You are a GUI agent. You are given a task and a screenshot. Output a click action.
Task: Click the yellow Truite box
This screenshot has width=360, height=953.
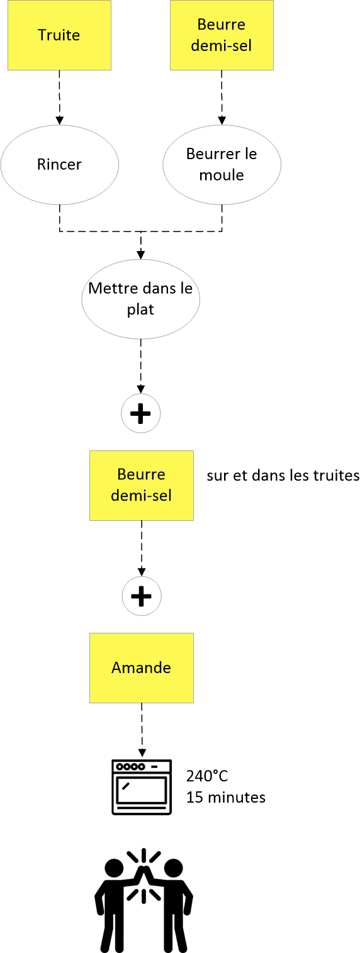pyautogui.click(x=60, y=35)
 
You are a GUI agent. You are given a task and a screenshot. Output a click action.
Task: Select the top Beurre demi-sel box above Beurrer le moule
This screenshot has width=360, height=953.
pyautogui.click(x=222, y=35)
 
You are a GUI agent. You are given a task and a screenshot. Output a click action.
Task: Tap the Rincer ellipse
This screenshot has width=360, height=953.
pyautogui.click(x=60, y=165)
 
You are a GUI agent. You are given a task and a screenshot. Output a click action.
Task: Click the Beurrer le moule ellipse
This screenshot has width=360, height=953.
pyautogui.click(x=222, y=165)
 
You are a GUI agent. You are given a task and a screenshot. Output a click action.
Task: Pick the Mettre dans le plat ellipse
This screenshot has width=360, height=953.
pyautogui.click(x=141, y=299)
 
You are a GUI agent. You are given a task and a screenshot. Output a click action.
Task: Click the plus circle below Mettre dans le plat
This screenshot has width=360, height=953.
pyautogui.click(x=141, y=413)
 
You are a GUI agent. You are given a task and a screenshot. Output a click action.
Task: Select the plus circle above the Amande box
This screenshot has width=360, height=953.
pyautogui.click(x=142, y=596)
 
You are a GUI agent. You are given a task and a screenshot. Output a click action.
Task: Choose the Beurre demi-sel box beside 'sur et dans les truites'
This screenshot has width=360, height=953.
pyautogui.click(x=142, y=486)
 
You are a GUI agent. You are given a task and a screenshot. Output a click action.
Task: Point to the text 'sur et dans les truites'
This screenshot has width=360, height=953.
pyautogui.click(x=283, y=475)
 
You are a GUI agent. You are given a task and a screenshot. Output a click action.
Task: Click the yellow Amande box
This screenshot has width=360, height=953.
pyautogui.click(x=142, y=668)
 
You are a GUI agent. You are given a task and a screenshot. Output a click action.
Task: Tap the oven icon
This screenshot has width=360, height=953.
pyautogui.click(x=142, y=787)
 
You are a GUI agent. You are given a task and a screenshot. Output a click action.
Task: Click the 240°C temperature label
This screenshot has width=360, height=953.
pyautogui.click(x=207, y=776)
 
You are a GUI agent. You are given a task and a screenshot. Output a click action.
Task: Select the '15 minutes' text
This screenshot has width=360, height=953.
pyautogui.click(x=226, y=797)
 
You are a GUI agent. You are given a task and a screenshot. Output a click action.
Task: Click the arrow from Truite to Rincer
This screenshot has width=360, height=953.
pyautogui.click(x=60, y=98)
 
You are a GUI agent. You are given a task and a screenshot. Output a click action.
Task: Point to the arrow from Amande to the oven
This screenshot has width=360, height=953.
pyautogui.click(x=142, y=730)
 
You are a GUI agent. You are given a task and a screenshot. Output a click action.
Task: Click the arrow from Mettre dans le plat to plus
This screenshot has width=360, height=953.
pyautogui.click(x=141, y=367)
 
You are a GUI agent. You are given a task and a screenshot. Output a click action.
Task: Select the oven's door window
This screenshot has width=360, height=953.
pyautogui.click(x=142, y=789)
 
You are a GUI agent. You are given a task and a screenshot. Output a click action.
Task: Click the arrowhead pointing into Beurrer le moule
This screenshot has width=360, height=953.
pyautogui.click(x=222, y=121)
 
